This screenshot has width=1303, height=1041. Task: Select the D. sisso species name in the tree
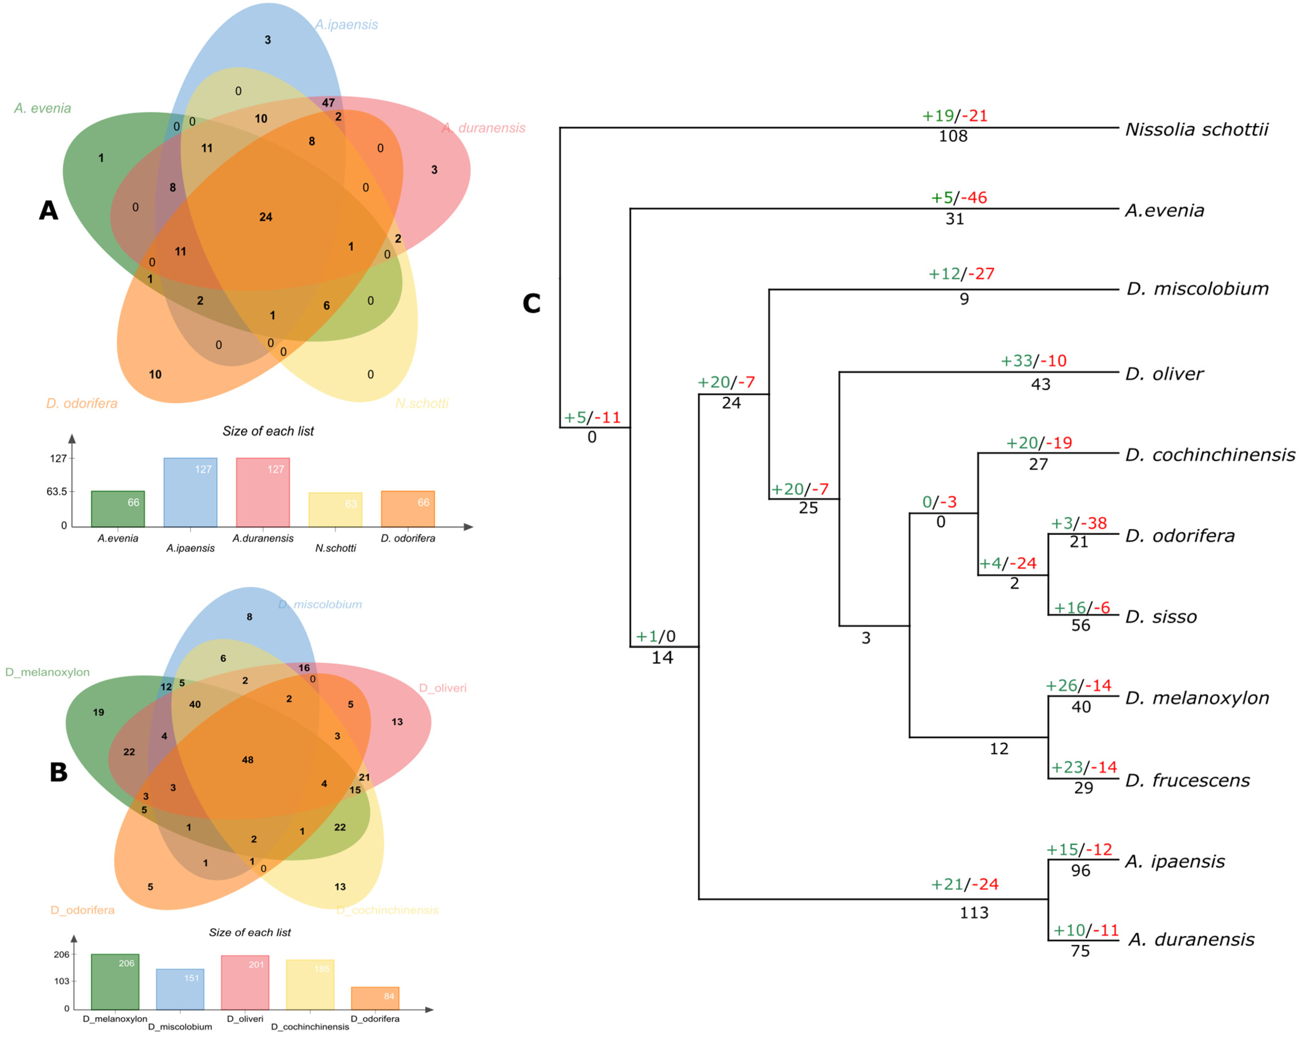[x=1160, y=617]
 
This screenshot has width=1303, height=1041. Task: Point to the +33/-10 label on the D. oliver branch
[x=1034, y=361]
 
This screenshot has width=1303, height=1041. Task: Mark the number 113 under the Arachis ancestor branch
[x=974, y=912]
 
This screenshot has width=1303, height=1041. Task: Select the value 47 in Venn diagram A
[x=328, y=103]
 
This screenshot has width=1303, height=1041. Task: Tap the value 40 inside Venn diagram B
[x=195, y=704]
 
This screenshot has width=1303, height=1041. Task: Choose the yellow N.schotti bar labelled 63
[x=336, y=510]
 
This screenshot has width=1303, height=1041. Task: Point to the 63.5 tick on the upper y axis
[x=57, y=492]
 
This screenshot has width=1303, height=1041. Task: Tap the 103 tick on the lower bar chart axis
[x=62, y=981]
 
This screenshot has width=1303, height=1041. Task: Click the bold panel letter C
[x=531, y=303]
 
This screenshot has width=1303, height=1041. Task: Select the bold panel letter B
[x=59, y=772]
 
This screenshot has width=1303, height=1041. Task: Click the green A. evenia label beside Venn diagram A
[x=42, y=108]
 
